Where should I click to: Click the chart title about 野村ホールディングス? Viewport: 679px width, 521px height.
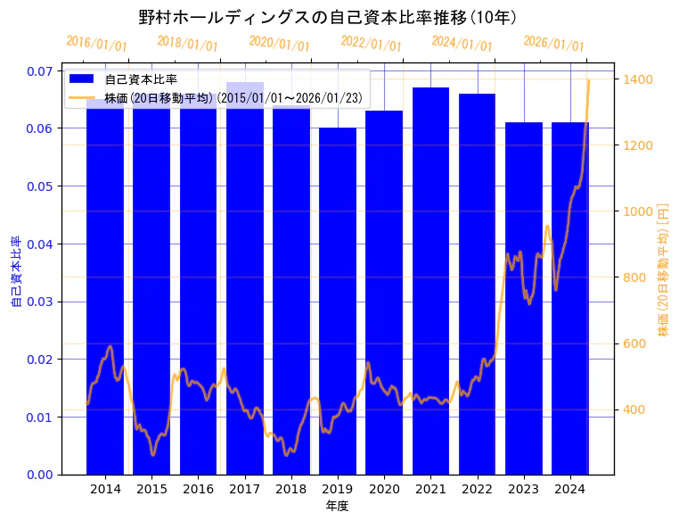[x=328, y=17]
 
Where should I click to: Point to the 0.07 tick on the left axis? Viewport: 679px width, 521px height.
[x=38, y=70]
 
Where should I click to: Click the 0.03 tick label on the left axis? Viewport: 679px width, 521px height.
[x=38, y=302]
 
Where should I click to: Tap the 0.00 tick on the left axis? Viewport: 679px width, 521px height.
[x=38, y=475]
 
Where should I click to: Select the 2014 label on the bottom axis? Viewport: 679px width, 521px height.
[x=105, y=489]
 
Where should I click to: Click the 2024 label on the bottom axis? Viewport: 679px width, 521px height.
[x=570, y=489]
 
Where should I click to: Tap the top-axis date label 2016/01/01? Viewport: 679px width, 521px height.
[x=96, y=43]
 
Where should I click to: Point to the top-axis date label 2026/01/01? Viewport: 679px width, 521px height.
[x=553, y=44]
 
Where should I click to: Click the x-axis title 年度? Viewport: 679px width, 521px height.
[x=337, y=506]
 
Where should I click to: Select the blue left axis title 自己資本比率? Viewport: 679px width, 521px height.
[x=15, y=272]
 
